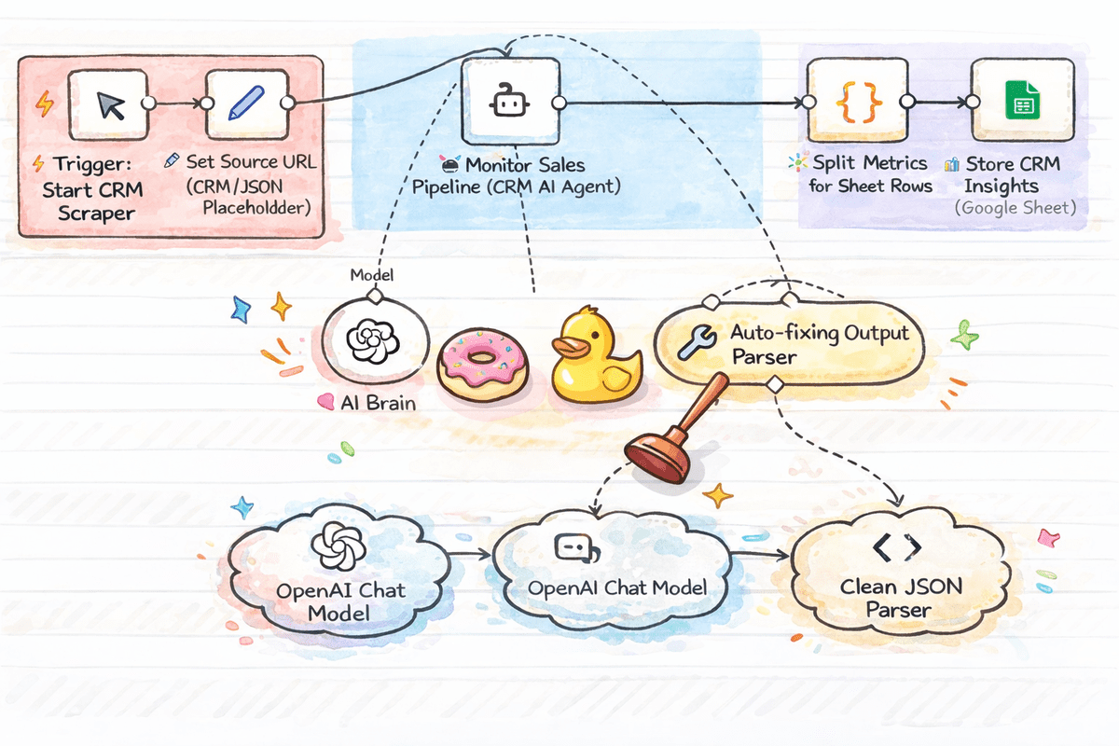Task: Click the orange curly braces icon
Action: pyautogui.click(x=848, y=102)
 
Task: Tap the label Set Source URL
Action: pyautogui.click(x=251, y=161)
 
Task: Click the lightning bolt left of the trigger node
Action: pyautogui.click(x=43, y=104)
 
